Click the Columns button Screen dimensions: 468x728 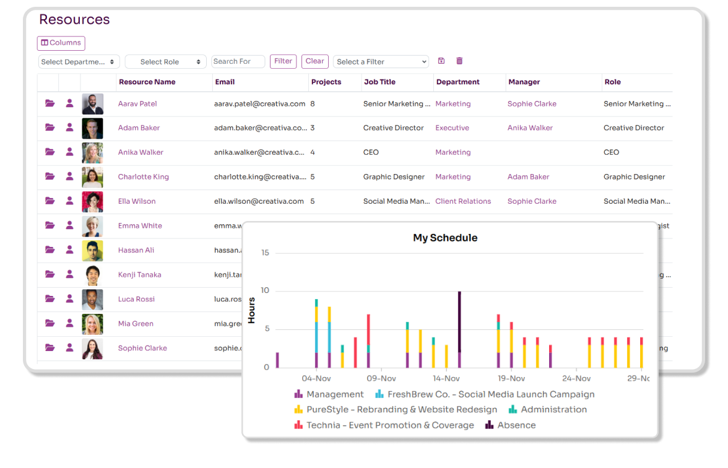click(x=61, y=43)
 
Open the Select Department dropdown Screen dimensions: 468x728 click(x=79, y=62)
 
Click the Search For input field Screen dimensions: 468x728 click(x=238, y=61)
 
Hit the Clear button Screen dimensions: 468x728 click(x=314, y=61)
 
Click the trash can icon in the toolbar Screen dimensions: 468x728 click(x=459, y=61)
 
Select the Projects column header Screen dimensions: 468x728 click(x=326, y=82)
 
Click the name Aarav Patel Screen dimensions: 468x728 click(x=137, y=104)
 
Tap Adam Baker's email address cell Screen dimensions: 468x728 click(x=260, y=128)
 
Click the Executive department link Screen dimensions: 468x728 click(x=452, y=128)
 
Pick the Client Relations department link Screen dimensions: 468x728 click(x=463, y=201)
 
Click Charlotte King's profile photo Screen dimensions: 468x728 click(x=92, y=177)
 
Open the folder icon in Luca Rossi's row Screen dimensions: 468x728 click(x=50, y=299)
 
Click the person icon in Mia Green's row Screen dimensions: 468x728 click(x=69, y=323)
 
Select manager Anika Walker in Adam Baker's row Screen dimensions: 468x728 click(x=530, y=128)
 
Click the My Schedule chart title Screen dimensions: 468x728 click(x=445, y=238)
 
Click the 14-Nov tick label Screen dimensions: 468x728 click(x=446, y=378)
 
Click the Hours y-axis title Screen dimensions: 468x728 click(x=251, y=310)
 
